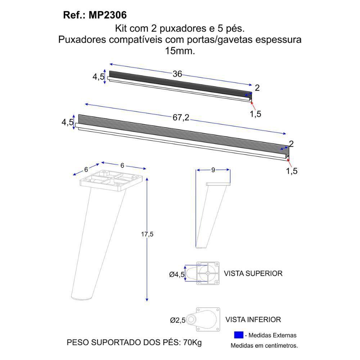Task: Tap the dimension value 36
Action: click(x=177, y=74)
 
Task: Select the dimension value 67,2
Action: click(x=181, y=117)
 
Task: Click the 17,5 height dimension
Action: click(x=147, y=234)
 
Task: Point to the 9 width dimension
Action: click(x=213, y=170)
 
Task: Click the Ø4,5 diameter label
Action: click(x=177, y=275)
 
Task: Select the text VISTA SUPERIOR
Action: click(x=253, y=273)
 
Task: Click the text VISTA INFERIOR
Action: click(x=253, y=319)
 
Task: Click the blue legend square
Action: click(x=238, y=335)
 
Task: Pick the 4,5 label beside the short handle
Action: click(x=98, y=77)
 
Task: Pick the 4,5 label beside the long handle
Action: click(x=67, y=122)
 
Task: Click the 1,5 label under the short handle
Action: click(x=255, y=114)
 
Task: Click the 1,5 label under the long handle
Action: click(x=292, y=171)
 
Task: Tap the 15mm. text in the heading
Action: click(x=180, y=51)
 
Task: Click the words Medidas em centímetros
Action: click(x=264, y=346)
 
